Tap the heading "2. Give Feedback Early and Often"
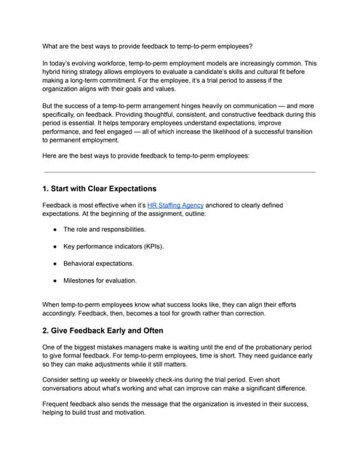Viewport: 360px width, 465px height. click(x=105, y=329)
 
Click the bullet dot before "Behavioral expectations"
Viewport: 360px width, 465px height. click(x=55, y=263)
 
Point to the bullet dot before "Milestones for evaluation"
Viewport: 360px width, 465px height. click(x=55, y=280)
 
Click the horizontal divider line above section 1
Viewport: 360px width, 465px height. click(x=180, y=172)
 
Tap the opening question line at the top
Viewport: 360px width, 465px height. click(x=148, y=46)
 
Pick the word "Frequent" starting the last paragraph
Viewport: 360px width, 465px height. click(x=59, y=409)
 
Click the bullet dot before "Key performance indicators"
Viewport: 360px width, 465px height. click(x=55, y=246)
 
